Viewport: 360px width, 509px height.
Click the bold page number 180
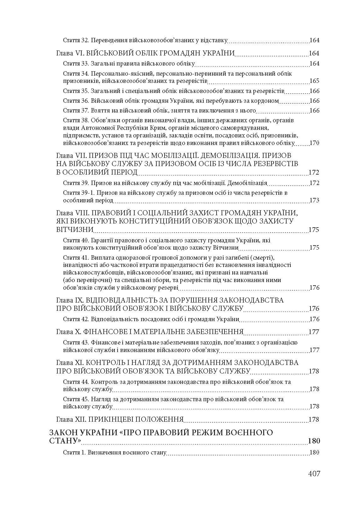click(x=314, y=441)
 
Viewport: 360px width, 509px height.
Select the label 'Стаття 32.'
click(x=76, y=40)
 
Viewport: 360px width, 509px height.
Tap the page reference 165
click(x=314, y=81)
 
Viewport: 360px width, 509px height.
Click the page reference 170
click(x=314, y=143)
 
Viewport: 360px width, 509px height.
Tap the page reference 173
click(x=314, y=200)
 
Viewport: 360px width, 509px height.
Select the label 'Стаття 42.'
click(x=76, y=319)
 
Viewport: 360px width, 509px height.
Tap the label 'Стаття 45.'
click(x=76, y=399)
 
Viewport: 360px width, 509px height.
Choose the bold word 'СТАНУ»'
click(x=65, y=441)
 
